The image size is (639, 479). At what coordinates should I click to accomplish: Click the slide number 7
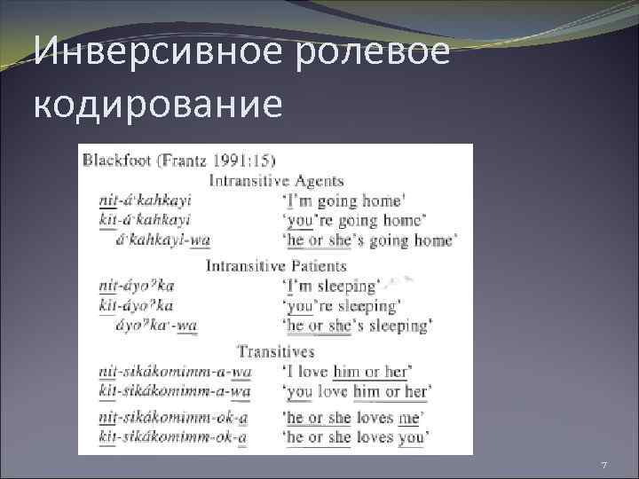pos(603,467)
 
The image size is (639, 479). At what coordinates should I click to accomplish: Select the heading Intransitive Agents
pos(276,181)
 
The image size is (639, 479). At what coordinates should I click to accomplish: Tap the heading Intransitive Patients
pos(276,265)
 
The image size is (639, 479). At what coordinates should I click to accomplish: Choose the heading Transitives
pos(277,352)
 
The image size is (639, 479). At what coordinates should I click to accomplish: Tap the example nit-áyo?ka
pos(137,286)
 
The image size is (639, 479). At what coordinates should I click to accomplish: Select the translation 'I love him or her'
pos(345,371)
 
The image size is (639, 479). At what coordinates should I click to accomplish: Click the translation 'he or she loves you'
pos(356,436)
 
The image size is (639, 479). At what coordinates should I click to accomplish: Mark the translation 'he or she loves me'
pos(353,417)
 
